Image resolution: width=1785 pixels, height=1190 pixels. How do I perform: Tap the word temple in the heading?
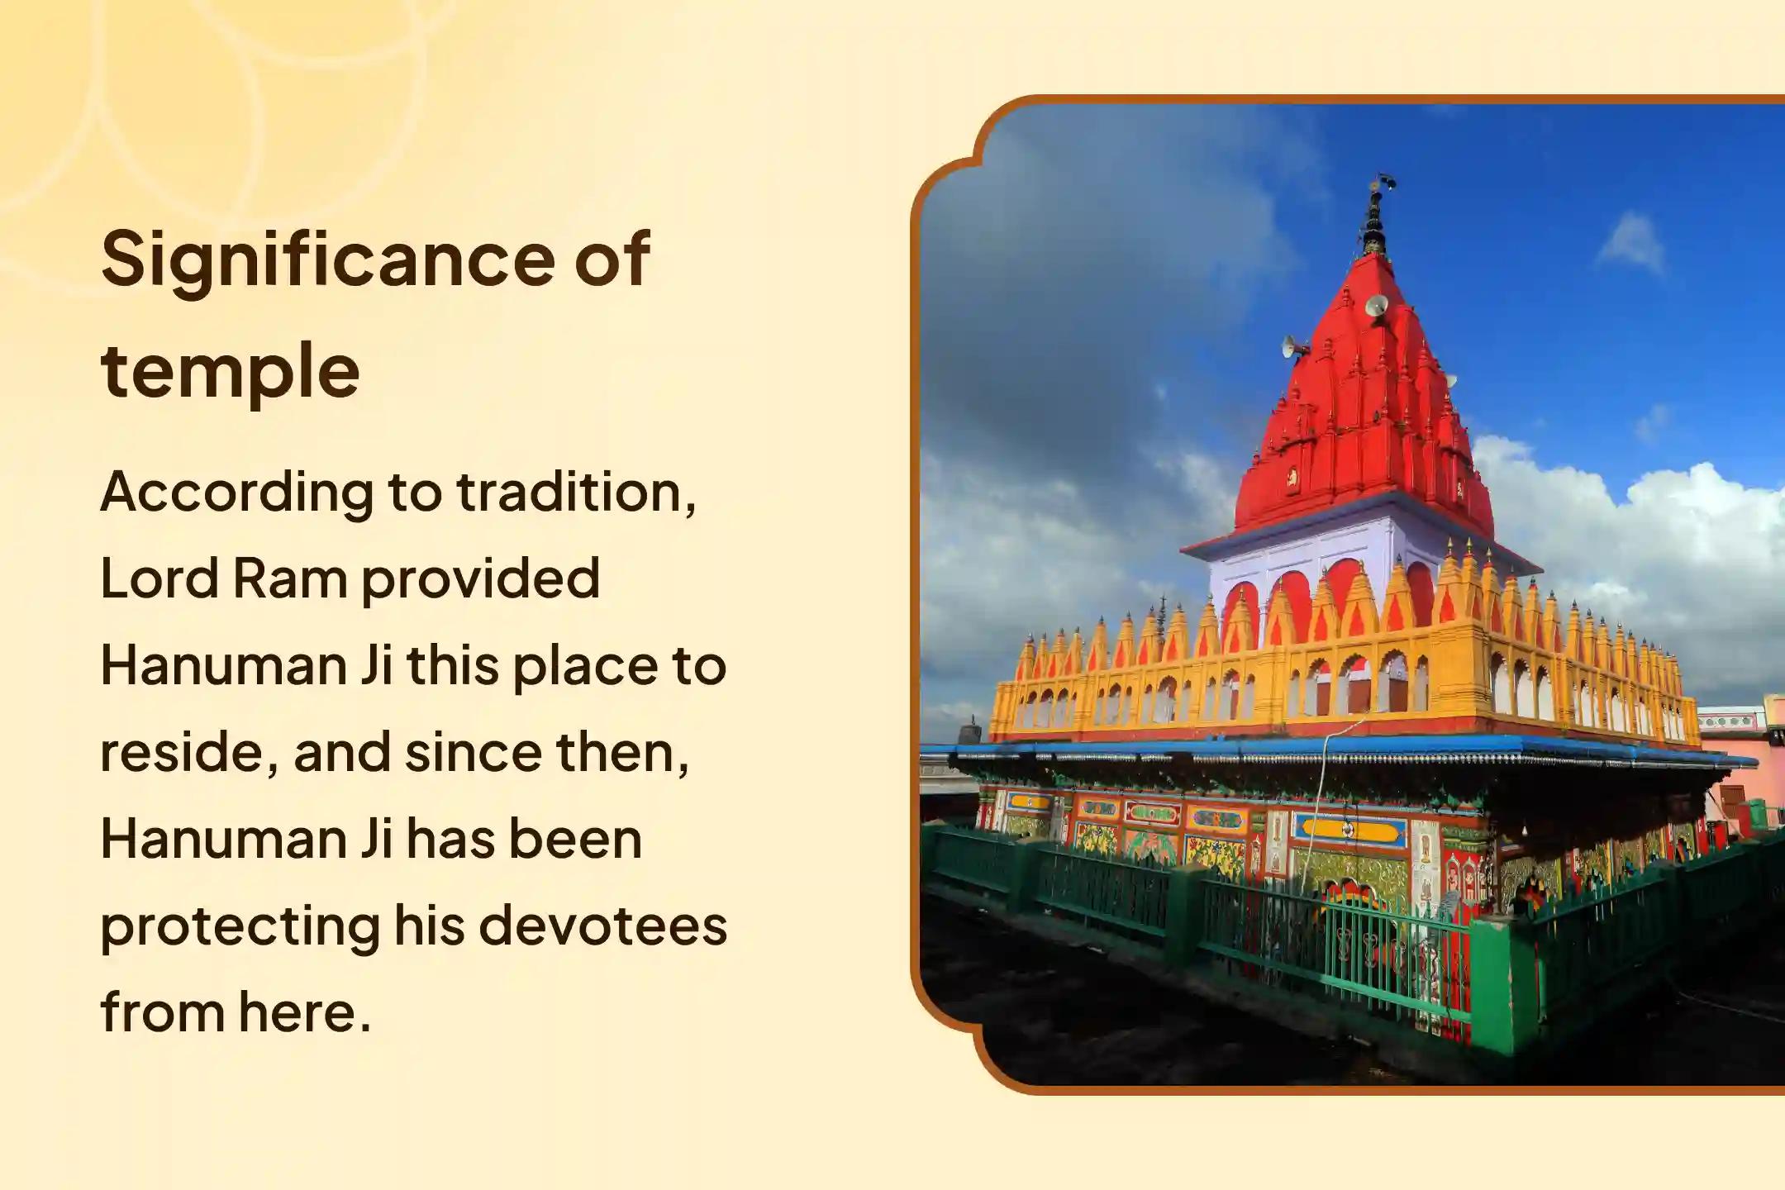[231, 371]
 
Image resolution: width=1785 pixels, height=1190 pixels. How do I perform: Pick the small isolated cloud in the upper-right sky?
[1630, 245]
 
